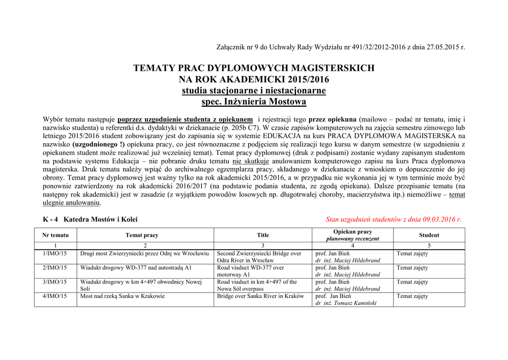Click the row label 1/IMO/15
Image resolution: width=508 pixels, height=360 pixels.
[55, 254]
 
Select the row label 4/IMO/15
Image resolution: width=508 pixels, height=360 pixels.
[55, 296]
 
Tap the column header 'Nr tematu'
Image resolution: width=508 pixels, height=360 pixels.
[56, 235]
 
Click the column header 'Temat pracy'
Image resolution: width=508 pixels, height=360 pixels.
[142, 235]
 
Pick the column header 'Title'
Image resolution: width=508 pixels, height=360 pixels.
[263, 235]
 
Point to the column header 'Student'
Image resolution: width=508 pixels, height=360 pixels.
[429, 235]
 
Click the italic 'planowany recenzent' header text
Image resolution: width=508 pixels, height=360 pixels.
[353, 239]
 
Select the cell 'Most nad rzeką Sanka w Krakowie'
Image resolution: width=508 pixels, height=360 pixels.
[123, 296]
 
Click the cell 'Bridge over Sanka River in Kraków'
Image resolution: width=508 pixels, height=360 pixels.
[260, 296]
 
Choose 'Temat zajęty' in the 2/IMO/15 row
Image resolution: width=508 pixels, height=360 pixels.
[412, 268]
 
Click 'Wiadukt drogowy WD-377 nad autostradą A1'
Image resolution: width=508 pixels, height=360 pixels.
[136, 268]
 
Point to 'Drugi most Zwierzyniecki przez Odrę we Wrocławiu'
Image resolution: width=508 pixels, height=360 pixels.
[144, 254]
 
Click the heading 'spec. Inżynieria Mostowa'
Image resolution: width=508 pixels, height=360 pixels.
[254, 102]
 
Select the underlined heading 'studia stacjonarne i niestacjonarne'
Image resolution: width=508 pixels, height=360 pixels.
[254, 90]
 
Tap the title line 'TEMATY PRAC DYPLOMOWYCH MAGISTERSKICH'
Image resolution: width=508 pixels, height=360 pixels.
[254, 68]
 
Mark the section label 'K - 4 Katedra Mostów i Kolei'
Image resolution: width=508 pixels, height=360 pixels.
[90, 219]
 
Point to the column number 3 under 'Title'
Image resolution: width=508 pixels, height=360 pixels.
[263, 246]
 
